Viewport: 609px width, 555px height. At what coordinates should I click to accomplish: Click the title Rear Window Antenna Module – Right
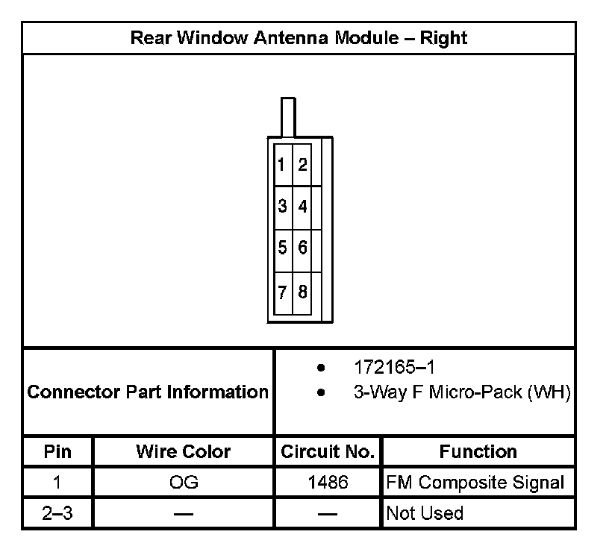[299, 38]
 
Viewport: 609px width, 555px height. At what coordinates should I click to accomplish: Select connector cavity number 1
[281, 165]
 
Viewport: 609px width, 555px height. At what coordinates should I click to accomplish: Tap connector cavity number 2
[302, 165]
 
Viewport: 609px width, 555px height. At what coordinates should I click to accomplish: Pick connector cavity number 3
[282, 207]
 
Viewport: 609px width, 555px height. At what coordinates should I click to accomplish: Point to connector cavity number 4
[302, 207]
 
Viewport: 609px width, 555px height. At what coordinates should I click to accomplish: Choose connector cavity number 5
[282, 248]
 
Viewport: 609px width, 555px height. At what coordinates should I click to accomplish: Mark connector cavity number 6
[302, 248]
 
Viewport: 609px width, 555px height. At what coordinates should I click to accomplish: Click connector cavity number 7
[282, 292]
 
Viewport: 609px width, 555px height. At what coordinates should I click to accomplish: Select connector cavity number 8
[302, 292]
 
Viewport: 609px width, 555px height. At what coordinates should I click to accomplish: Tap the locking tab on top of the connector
[287, 117]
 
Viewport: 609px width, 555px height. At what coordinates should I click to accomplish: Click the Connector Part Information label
[148, 392]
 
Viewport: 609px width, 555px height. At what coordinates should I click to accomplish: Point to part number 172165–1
[394, 368]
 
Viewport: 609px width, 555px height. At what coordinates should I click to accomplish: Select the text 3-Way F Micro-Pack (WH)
[462, 393]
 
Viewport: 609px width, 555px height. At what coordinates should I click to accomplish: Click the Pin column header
[57, 451]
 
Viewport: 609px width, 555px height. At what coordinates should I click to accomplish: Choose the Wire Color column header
[184, 451]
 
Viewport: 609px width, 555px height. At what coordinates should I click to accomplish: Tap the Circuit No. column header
[327, 451]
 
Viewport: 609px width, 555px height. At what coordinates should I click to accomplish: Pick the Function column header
[478, 451]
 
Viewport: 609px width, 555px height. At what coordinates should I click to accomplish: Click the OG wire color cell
[184, 483]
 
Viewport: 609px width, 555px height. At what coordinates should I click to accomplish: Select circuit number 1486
[328, 483]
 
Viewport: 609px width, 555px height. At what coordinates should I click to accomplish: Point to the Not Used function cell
[424, 513]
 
